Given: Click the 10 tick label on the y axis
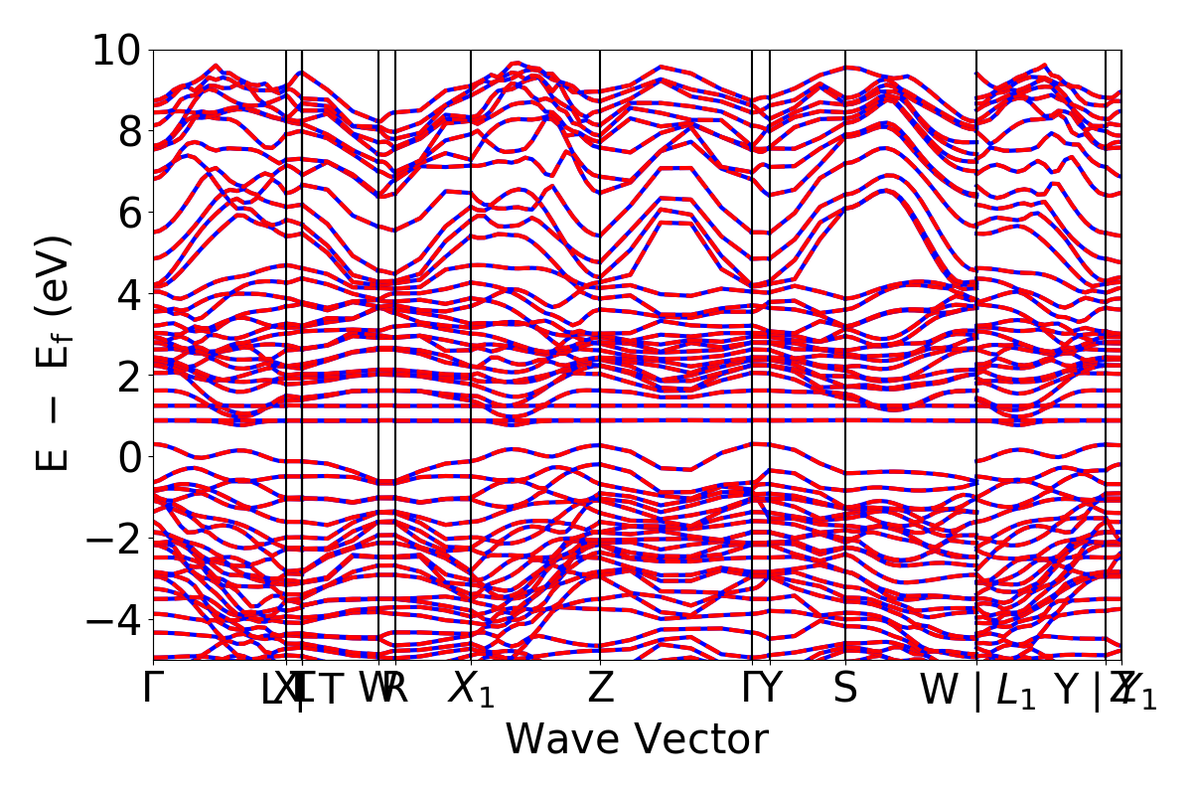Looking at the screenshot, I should [117, 50].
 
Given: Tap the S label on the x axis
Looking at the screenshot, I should [845, 689].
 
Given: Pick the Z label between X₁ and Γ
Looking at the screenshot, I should [600, 689].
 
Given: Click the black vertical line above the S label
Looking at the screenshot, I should [845, 298].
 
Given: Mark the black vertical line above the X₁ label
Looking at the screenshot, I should [471, 298].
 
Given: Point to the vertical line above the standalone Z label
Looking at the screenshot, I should [600, 298].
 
